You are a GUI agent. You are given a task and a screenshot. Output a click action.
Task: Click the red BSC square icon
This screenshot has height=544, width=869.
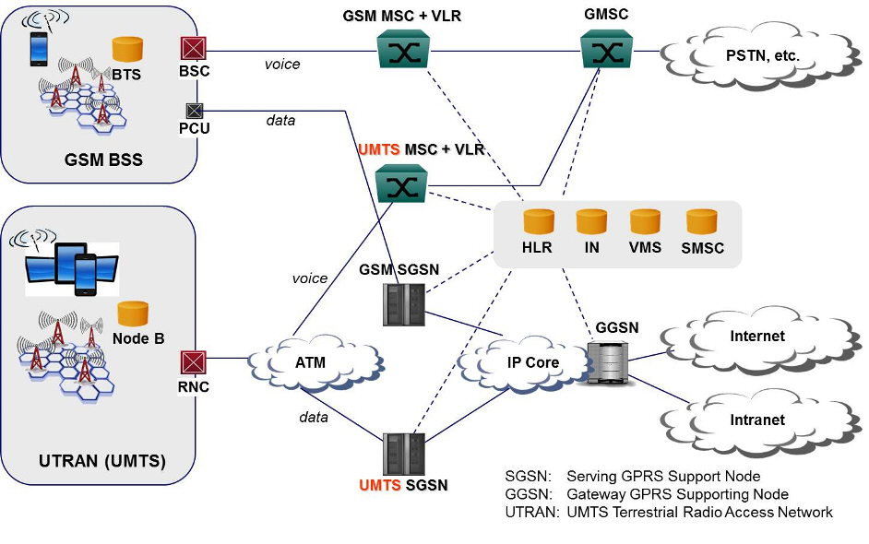(x=194, y=48)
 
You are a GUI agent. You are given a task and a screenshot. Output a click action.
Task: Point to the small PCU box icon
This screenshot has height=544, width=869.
(x=194, y=111)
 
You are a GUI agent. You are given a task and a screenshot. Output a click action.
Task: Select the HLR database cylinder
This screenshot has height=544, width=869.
(x=537, y=222)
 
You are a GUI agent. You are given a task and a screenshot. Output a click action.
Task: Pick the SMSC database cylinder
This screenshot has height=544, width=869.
(x=701, y=222)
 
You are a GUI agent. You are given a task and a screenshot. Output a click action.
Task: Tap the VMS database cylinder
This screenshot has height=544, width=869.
(x=646, y=222)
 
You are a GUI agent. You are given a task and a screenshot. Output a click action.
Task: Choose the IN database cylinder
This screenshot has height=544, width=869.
(x=591, y=222)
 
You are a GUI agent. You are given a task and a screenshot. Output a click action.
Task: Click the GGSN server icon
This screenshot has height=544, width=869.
(x=608, y=362)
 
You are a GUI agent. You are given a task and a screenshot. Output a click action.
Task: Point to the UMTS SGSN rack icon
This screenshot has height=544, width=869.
(x=403, y=454)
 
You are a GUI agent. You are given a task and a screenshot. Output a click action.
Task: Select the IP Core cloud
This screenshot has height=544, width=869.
(x=523, y=361)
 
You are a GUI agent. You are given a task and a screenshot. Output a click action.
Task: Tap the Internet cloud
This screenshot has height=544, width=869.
(x=756, y=337)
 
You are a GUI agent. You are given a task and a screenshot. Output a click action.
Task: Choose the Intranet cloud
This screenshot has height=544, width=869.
(x=756, y=420)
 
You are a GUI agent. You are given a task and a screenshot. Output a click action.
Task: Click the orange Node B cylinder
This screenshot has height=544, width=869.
(x=133, y=313)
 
